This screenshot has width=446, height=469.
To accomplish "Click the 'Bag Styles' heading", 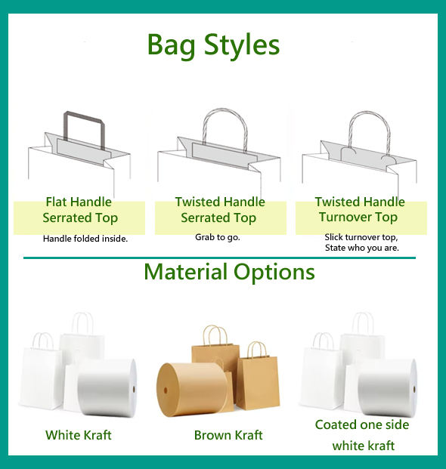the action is pos(213,45).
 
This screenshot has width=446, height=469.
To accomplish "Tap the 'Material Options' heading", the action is pos(229,273).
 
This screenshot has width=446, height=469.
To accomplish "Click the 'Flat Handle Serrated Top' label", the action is pos(79,210).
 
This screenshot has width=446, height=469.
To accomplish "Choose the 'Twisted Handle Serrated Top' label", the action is pos(220,210).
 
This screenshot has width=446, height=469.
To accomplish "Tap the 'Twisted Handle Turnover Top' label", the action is pos(360,209).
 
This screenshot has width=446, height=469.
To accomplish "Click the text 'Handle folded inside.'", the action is pos(85,239).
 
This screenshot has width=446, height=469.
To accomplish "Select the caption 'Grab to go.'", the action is pos(218,237).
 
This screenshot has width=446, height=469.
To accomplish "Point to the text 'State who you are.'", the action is pos(362,248).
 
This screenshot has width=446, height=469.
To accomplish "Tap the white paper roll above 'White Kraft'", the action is pos(107,387).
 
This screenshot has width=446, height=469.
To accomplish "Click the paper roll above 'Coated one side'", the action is pos(387,388).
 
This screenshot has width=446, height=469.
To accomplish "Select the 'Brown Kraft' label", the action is pos(228,435).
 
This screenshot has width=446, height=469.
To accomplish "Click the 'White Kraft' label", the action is pos(79,435).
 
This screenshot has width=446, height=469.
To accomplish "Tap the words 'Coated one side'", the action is pos(362,424).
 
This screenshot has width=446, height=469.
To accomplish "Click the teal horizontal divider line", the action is pos(219,258).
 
